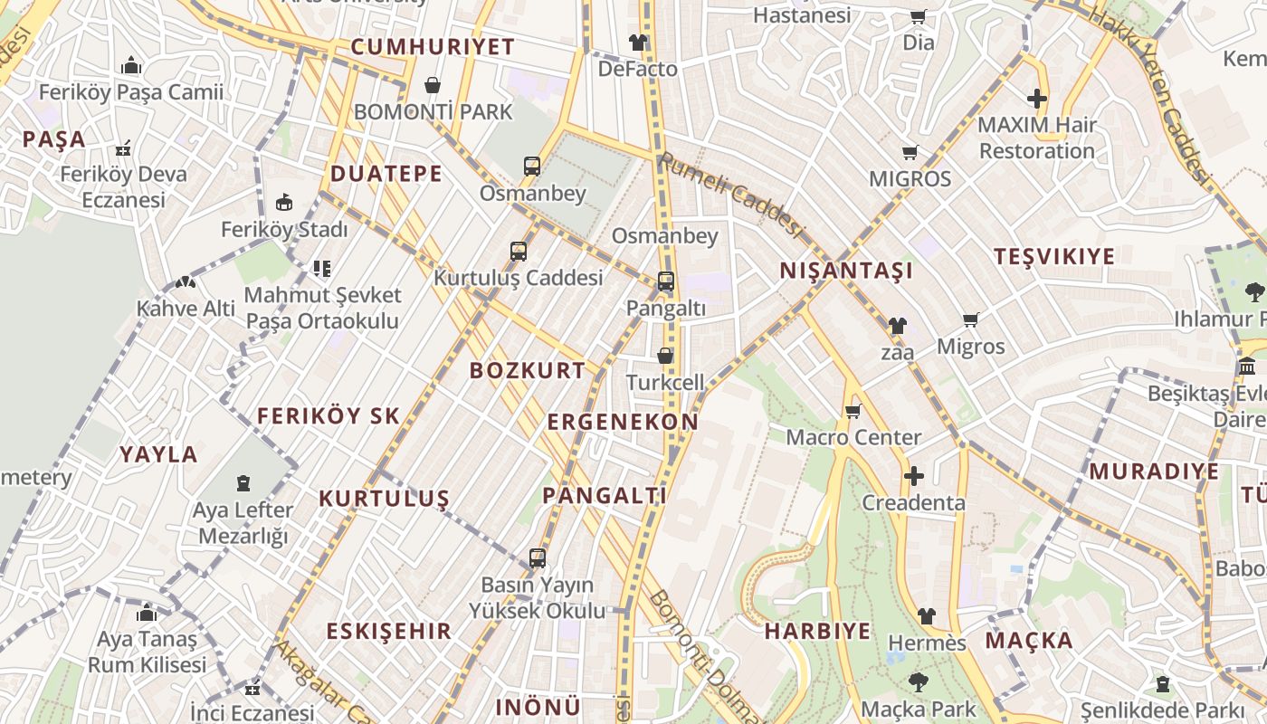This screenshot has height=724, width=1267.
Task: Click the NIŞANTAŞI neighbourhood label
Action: tap(846, 271)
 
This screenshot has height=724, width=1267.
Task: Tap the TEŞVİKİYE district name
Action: tap(1054, 256)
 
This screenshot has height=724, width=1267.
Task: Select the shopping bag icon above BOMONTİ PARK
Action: tap(433, 85)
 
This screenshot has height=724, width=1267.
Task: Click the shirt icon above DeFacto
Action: tap(638, 43)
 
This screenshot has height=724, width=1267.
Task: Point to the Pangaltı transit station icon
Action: tap(666, 281)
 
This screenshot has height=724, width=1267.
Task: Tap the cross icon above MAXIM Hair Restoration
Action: tap(1037, 99)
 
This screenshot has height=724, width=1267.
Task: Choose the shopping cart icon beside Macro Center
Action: tap(853, 412)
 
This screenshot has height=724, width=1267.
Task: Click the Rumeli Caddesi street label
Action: tap(731, 194)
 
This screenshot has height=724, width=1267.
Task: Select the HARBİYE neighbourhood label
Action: tap(817, 631)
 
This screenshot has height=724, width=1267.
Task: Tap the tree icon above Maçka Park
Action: tap(919, 681)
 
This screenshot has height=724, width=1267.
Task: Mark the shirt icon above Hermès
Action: tap(927, 616)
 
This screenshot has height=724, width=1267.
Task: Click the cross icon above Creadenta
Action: tap(914, 476)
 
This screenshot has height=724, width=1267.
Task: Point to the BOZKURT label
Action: tap(528, 370)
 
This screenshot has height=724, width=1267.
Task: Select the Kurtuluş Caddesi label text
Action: tap(518, 278)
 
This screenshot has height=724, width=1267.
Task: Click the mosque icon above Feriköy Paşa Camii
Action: tap(131, 66)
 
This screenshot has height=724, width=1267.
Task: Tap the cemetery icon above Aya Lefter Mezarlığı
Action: tap(243, 483)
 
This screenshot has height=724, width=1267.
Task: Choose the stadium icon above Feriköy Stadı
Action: tap(284, 202)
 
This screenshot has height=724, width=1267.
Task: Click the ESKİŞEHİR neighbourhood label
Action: tap(388, 631)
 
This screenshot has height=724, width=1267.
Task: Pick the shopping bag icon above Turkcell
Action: tap(665, 356)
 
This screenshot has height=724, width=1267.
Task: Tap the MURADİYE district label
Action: tap(1154, 472)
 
